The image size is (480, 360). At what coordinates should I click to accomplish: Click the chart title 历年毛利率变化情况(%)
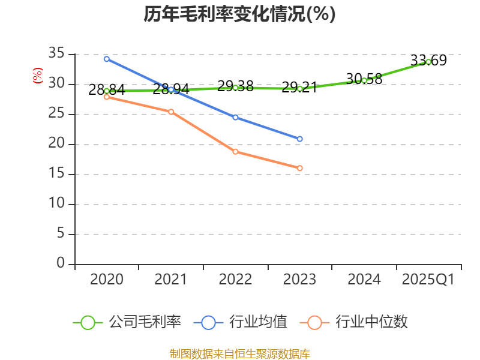(239, 14)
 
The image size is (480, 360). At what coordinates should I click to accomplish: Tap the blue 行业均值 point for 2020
(107, 59)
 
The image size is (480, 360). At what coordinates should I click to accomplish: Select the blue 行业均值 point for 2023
(299, 139)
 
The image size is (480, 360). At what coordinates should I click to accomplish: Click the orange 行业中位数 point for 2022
(235, 151)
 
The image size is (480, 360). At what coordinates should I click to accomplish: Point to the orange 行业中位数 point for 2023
(299, 168)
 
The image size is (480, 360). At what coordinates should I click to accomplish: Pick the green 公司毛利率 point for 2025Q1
(428, 62)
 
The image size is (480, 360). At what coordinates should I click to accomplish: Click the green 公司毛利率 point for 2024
(364, 80)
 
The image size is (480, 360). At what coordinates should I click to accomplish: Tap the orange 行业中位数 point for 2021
(171, 112)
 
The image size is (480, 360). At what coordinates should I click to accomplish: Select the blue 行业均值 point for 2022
(235, 117)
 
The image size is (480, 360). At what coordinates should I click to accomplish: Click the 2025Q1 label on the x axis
(428, 280)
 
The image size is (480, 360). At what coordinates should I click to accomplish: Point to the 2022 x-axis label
(235, 280)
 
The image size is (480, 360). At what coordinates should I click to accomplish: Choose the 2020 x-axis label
(107, 280)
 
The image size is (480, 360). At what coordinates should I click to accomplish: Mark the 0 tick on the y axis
(61, 263)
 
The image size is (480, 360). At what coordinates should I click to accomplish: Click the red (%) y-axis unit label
(37, 76)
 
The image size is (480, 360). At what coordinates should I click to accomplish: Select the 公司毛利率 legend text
(145, 322)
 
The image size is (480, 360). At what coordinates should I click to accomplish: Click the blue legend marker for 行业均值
(208, 322)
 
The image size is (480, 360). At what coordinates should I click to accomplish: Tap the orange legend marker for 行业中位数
(314, 322)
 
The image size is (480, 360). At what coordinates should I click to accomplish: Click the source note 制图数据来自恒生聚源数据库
(239, 353)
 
